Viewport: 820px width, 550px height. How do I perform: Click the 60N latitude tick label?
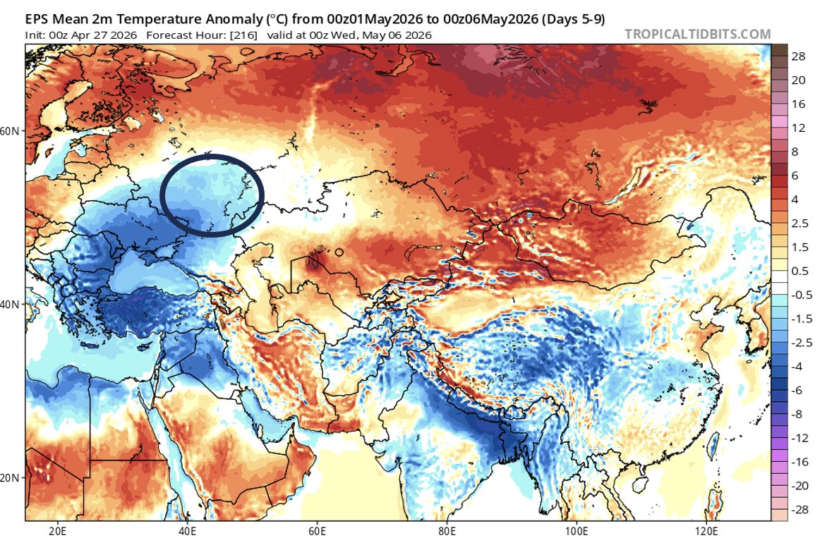[13, 131]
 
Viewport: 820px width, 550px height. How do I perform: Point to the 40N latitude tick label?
[13, 304]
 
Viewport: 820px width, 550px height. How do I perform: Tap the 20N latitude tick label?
[13, 477]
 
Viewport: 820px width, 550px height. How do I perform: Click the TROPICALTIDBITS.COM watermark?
[697, 34]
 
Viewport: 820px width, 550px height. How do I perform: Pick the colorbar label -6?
[798, 390]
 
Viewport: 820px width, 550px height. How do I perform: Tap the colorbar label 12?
[799, 128]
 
